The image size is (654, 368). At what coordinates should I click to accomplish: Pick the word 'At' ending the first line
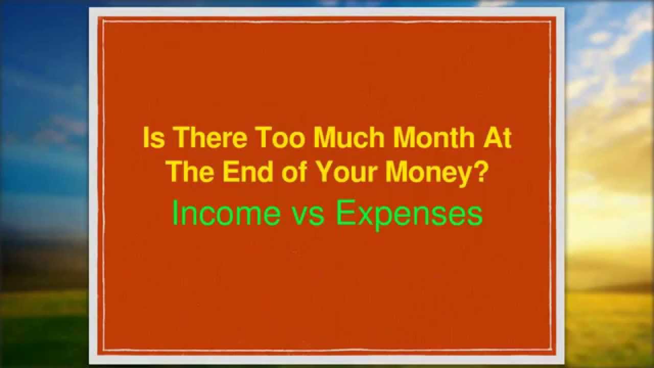point(500,139)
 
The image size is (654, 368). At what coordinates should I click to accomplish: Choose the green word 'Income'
point(226,214)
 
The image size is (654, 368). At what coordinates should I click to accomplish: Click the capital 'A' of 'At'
point(495,139)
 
